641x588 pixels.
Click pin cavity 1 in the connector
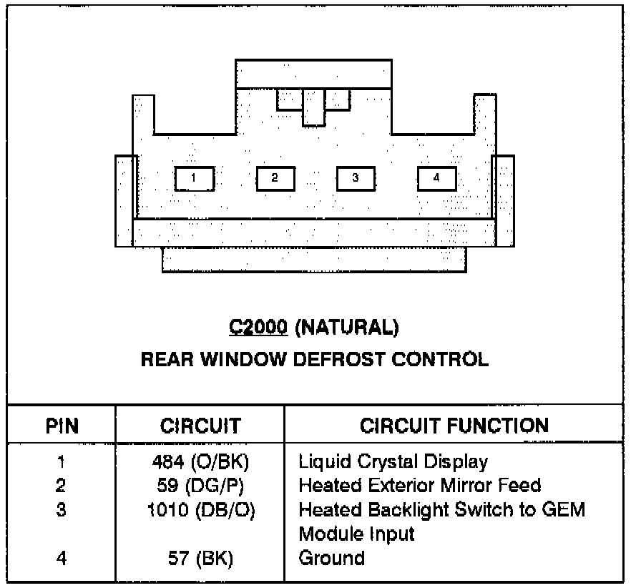click(x=194, y=179)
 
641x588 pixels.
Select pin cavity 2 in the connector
click(x=275, y=179)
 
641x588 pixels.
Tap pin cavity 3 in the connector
click(x=356, y=179)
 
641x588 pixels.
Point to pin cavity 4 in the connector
click(x=436, y=179)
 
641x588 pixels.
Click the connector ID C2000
click(x=258, y=328)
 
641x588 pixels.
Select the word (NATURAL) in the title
click(x=348, y=328)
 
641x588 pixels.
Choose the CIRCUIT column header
click(x=200, y=427)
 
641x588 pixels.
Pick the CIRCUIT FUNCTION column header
click(x=454, y=427)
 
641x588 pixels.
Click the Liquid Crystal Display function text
click(x=393, y=462)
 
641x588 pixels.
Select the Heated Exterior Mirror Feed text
click(x=419, y=486)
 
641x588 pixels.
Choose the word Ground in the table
click(x=332, y=558)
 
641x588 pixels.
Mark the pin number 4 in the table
click(x=62, y=558)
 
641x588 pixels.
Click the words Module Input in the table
click(x=356, y=534)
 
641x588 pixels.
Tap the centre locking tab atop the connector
click(x=314, y=106)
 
